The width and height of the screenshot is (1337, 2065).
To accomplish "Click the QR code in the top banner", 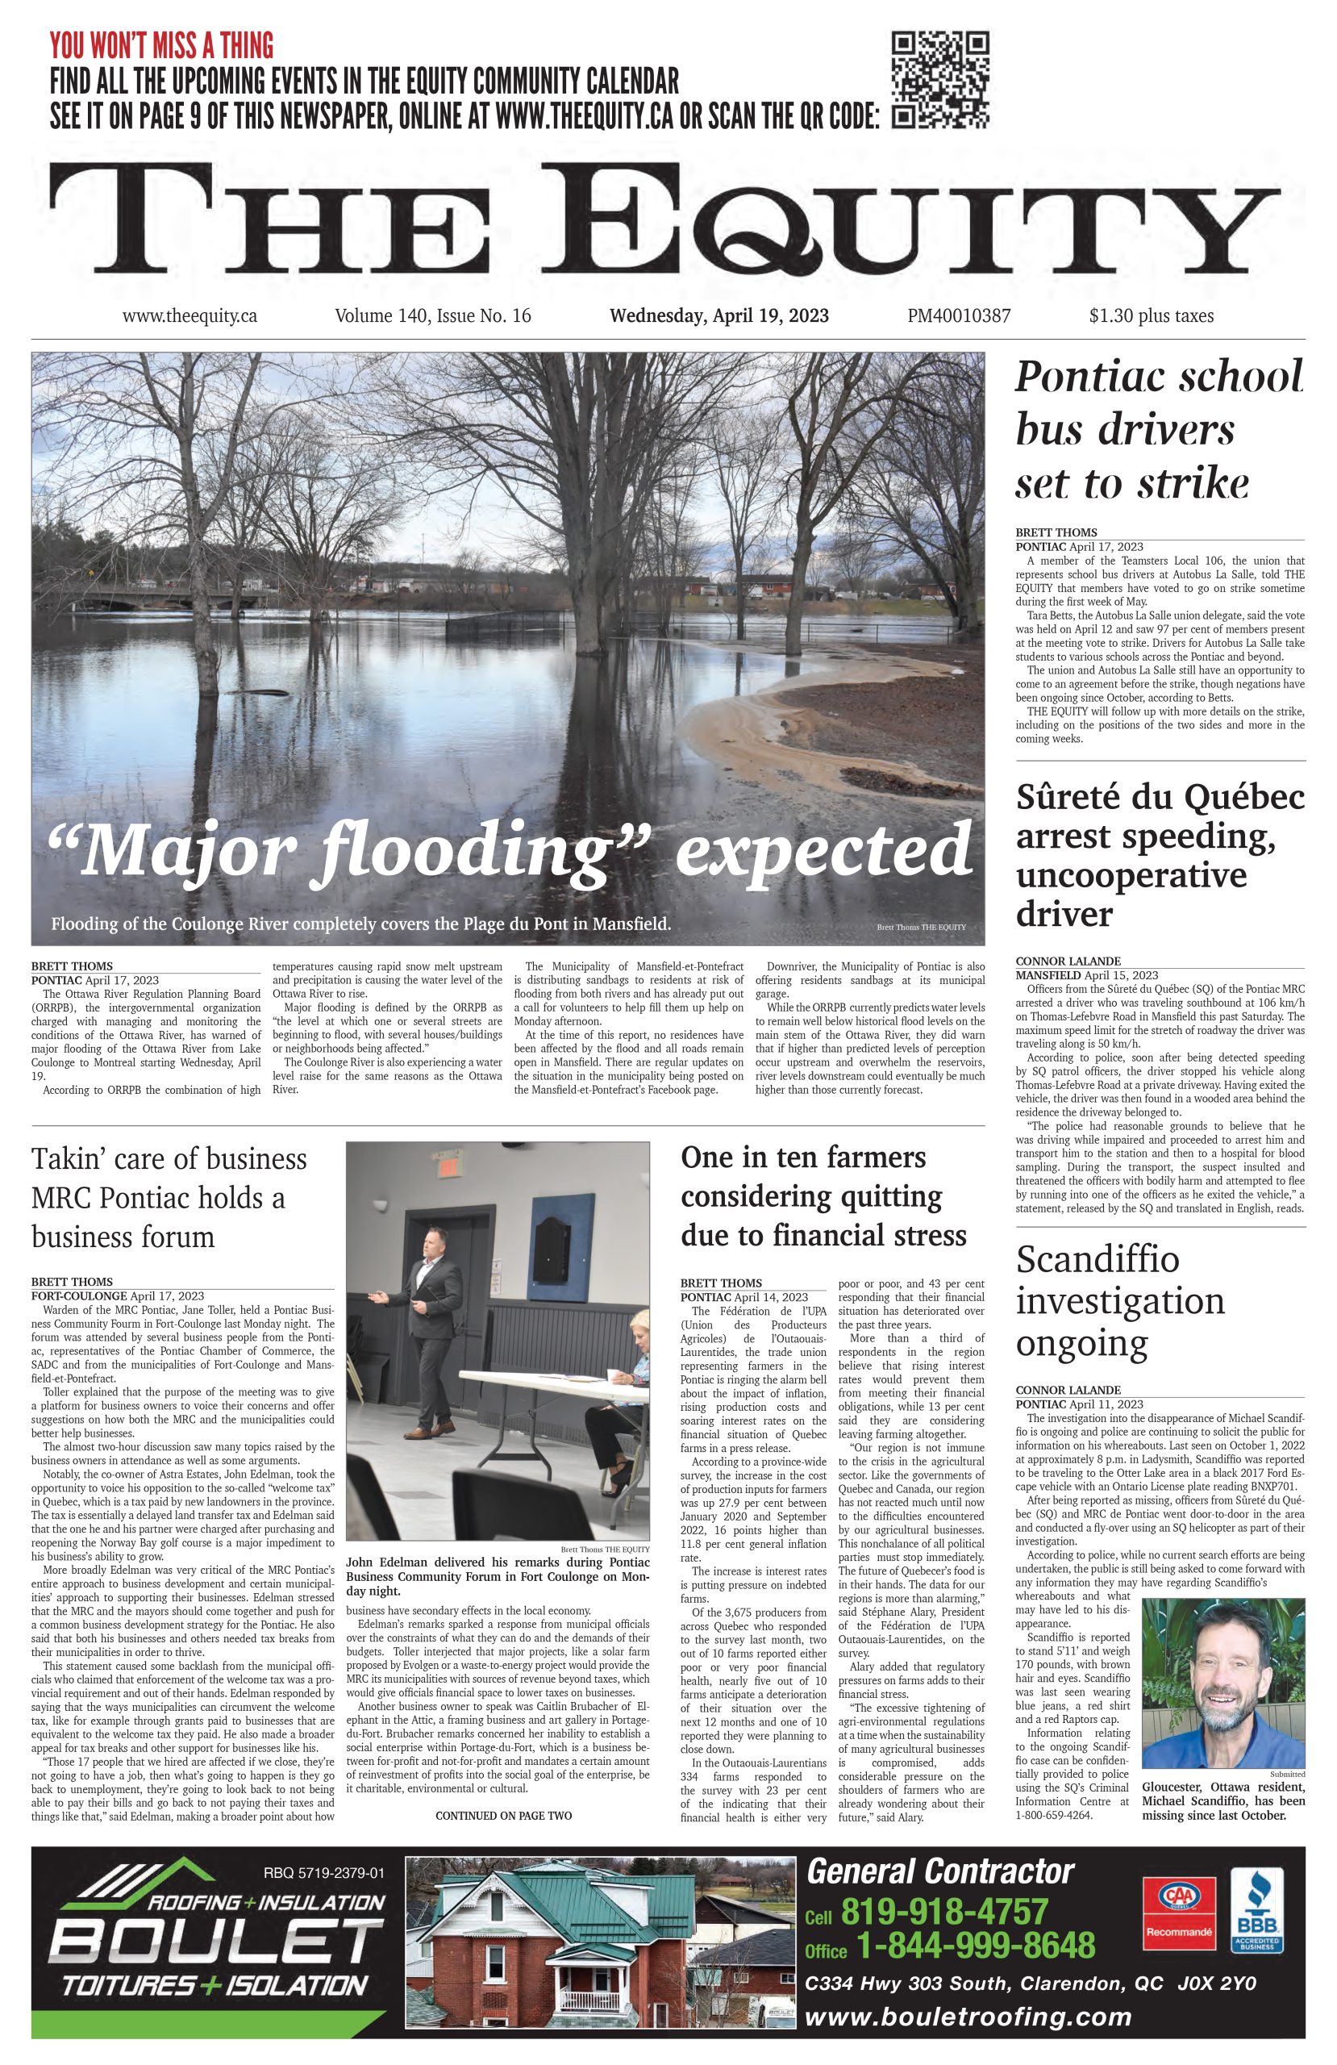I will pos(940,80).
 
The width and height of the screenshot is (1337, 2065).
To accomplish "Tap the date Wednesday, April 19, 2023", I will pos(718,316).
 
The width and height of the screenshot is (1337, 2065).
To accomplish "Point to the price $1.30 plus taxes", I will pos(1151,316).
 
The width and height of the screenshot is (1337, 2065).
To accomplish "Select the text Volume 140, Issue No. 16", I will pos(432,316).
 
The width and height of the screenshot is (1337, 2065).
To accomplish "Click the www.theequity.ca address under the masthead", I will pos(190,316).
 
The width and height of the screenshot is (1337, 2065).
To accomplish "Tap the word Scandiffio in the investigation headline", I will pos(1097,1259).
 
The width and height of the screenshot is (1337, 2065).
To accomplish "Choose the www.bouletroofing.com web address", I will pos(968,2017).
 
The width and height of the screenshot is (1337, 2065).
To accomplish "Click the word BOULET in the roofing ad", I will pos(217,1942).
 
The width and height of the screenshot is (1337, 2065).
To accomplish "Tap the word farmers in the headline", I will pos(876,1158).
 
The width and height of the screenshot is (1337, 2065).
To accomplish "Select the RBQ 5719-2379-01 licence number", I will pos(323,1872).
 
